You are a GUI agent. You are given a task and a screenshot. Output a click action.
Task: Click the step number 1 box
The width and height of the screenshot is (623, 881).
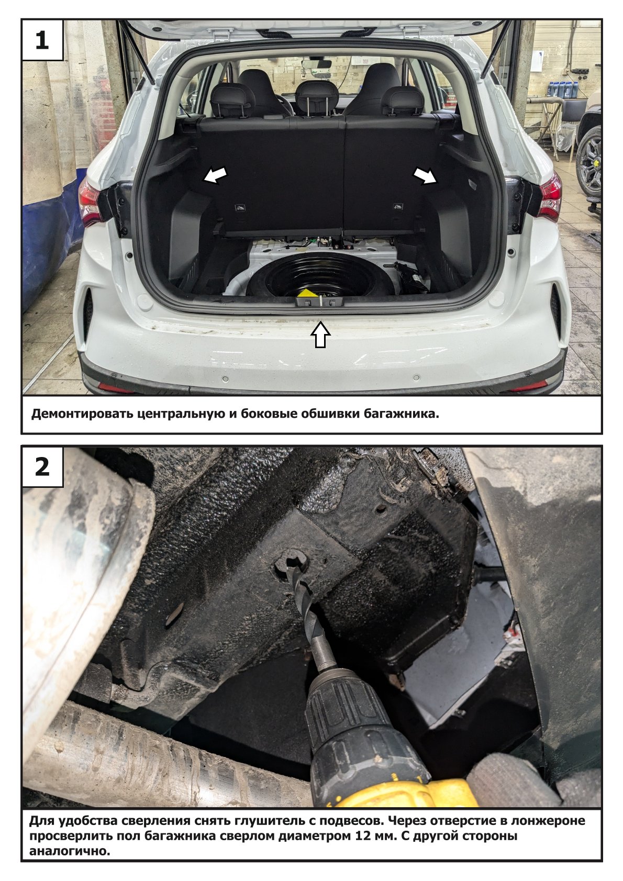point(42,40)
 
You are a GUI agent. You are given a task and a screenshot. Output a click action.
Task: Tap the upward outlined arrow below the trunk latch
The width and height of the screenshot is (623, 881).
point(320,334)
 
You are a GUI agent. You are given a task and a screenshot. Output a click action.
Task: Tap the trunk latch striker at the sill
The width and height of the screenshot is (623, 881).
point(320,302)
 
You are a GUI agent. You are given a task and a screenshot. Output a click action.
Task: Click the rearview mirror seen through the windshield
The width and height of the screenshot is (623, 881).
point(316,63)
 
